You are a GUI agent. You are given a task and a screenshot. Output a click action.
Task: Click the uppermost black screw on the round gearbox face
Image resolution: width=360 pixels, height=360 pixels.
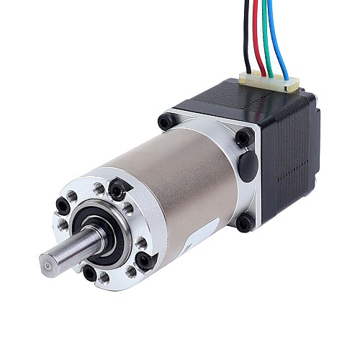pyautogui.click(x=117, y=190)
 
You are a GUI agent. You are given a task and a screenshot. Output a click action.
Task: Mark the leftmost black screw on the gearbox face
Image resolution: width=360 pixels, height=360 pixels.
pyautogui.click(x=63, y=207)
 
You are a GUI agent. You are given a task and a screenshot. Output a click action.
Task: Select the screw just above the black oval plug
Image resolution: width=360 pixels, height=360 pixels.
pyautogui.click(x=243, y=138)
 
